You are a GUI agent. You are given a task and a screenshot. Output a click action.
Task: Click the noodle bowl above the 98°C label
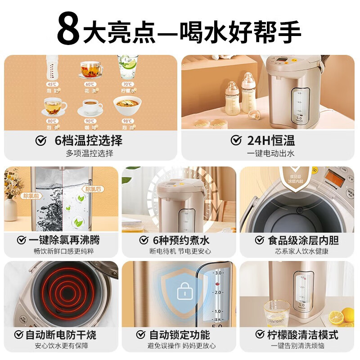point(127,106)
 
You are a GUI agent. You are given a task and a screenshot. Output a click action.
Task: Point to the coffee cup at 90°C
point(90,108)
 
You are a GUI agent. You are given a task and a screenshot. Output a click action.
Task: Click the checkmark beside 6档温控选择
point(41,141)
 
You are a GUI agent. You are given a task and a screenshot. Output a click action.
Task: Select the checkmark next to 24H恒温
point(236,141)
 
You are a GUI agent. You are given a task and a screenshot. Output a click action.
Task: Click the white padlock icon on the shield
point(184,292)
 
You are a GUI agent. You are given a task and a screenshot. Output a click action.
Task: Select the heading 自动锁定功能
point(179,335)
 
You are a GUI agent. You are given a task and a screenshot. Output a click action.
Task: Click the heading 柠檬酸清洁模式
point(302,335)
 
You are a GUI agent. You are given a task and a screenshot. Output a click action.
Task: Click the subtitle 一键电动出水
point(270,153)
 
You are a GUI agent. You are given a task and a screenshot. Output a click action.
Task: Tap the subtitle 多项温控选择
point(90,153)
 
